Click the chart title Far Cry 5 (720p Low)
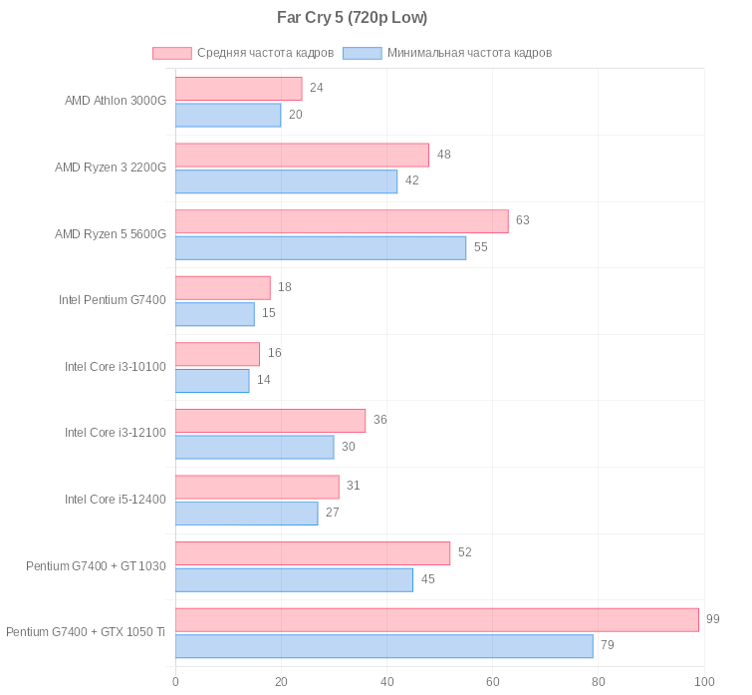tap(352, 18)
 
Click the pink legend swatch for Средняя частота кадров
tap(171, 53)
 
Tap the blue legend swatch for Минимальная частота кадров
tap(362, 53)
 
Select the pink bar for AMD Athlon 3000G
tap(238, 89)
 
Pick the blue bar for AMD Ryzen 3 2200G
tap(286, 181)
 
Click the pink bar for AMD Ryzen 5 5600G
tap(342, 221)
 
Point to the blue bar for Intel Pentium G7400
tap(214, 314)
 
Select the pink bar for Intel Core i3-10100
tap(217, 354)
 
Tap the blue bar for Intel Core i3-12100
tap(254, 447)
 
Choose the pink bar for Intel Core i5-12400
tap(257, 487)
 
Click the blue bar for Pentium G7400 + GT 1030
tap(294, 580)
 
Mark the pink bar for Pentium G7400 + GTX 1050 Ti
tap(436, 620)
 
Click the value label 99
tap(713, 619)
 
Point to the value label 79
tap(608, 645)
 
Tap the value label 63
tap(523, 220)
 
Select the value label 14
tap(264, 380)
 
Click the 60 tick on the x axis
tap(493, 682)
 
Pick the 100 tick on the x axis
tap(704, 682)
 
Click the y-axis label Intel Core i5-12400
tap(116, 500)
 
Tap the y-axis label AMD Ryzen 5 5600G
tap(111, 234)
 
